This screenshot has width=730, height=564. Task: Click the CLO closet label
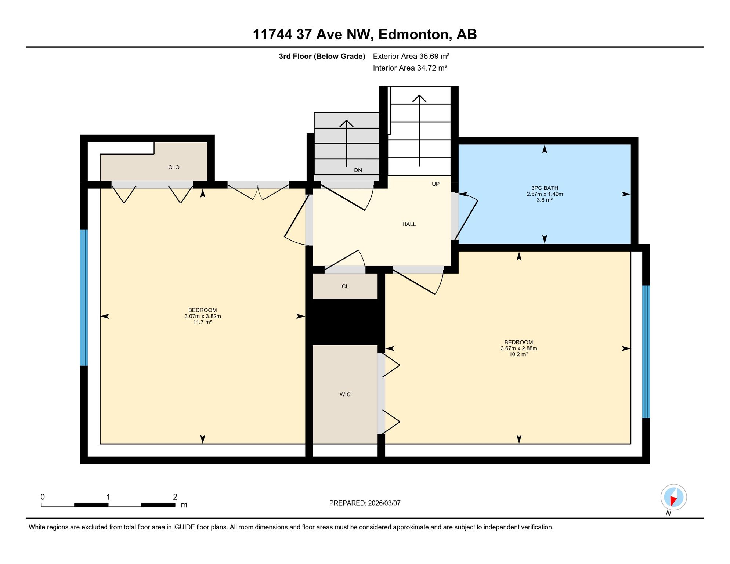174,167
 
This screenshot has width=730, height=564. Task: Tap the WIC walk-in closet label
345,394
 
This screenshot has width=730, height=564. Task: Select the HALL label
409,224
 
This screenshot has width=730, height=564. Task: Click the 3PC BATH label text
545,188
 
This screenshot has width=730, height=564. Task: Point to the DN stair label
358,170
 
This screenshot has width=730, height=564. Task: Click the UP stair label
436,184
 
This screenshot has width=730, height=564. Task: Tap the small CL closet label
345,286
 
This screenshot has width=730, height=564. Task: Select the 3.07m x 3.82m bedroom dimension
203,316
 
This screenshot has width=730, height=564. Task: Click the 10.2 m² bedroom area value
518,354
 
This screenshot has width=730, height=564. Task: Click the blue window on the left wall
84,298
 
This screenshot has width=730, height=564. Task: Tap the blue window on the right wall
646,352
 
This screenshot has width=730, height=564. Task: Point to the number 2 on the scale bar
175,497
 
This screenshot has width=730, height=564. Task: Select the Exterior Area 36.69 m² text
411,56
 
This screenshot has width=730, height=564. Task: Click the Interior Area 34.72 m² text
410,68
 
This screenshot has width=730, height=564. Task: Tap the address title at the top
365,34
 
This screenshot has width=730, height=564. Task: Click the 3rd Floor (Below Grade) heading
322,56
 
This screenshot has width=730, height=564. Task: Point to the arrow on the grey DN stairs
346,144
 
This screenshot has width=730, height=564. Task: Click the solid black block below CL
345,322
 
